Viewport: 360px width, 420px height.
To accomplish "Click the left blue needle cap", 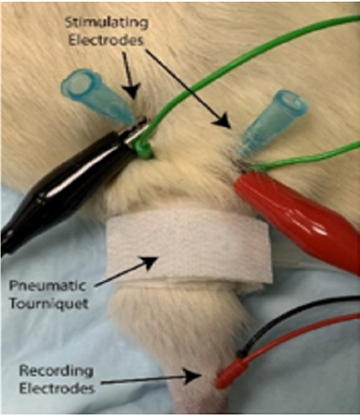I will [x=96, y=97].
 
